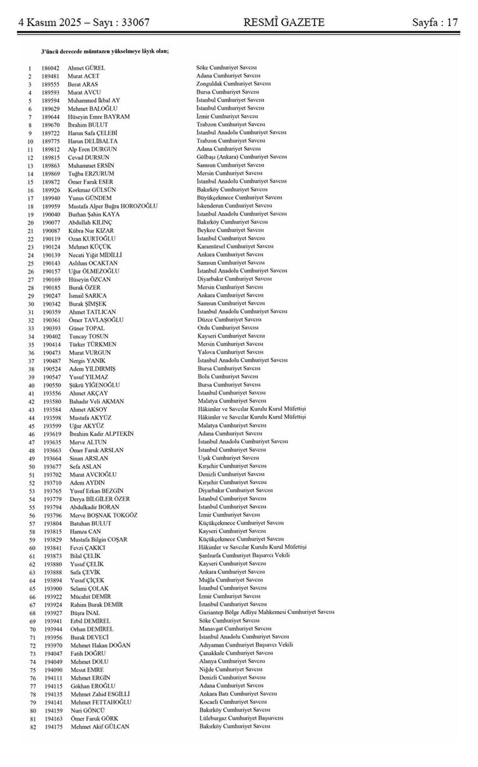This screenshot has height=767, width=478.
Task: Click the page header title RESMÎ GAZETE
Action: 284,22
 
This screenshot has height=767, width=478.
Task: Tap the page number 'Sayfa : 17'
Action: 435,22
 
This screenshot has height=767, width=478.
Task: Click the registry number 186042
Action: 51,68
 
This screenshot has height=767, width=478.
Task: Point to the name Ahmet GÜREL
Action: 86,68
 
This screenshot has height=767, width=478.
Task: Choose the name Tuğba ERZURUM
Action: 91,173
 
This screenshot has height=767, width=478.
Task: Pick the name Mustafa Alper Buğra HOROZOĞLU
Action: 113,206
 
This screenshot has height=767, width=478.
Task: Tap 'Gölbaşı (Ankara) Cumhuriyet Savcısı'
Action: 242,157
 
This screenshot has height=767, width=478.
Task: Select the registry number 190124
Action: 52,247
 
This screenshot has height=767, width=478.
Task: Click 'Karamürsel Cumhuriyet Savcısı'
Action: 235,246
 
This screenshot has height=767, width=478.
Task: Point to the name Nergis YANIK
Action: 87,361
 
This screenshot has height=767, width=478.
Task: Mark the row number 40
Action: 31,385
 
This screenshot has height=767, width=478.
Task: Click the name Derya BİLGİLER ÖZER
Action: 100,499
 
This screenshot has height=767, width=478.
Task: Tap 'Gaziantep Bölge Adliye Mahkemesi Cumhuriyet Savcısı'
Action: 266,612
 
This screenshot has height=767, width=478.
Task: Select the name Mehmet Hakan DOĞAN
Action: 100,645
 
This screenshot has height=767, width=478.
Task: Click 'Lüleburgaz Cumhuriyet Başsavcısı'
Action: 241,718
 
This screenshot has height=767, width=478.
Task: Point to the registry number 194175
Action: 53,727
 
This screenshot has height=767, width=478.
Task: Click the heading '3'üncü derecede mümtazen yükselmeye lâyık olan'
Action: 105,51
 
